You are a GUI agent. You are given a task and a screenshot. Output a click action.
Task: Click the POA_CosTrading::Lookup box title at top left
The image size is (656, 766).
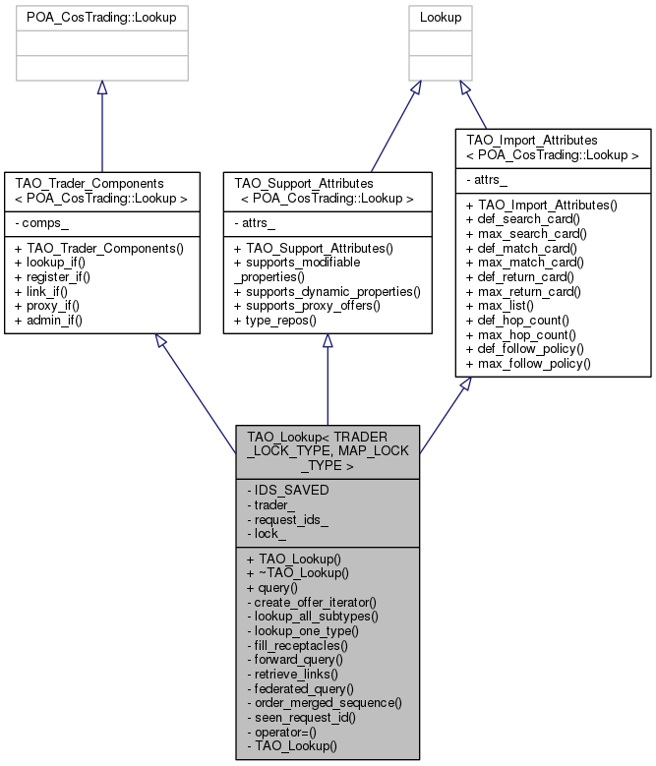click(x=102, y=18)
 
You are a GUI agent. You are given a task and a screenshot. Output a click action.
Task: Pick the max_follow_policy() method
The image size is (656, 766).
click(x=532, y=364)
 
